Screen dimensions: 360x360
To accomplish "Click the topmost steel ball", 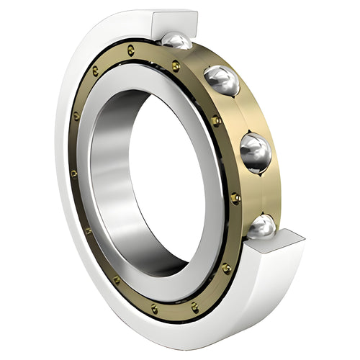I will [176, 41].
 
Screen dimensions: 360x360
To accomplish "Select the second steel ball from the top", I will [222, 80].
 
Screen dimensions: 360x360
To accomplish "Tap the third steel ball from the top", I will [256, 153].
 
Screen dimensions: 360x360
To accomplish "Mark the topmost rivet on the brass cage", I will [130, 50].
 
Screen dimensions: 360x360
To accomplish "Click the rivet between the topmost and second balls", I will [176, 66].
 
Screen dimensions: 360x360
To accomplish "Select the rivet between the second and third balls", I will [215, 121].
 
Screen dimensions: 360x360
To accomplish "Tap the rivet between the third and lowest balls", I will [235, 196].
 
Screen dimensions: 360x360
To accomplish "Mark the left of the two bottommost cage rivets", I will [154, 309].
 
